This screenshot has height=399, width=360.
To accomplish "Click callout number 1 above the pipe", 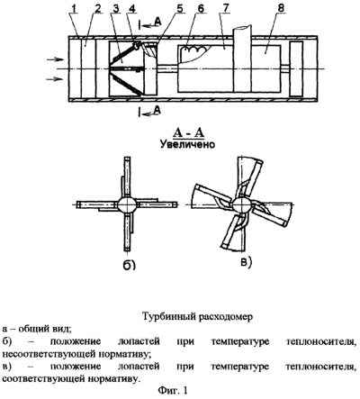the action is pos(74,9).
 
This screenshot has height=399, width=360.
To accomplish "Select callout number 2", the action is pos(97,9).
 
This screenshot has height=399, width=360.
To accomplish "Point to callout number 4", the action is pos(132,9).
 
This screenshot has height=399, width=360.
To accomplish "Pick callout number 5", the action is pos(179,9).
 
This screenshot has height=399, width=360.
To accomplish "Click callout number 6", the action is pos(201,9).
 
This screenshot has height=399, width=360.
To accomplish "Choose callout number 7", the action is pos(226,9).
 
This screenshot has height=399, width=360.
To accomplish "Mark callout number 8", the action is pos(281,9).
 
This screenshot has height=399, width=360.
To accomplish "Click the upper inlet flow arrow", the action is pos(56,59).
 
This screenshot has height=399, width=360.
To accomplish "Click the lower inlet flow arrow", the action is pos(55,79).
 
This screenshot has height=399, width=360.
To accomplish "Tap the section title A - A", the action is pos(188,132).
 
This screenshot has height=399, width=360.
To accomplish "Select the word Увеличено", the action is pos(187,144).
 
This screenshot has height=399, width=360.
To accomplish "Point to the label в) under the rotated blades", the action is pos(246,262).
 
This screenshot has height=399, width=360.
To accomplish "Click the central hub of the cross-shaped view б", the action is pos(127,204).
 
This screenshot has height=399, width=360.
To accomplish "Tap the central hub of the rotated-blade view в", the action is pos(241,204).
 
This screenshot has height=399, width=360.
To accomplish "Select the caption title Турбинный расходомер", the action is pos(197,316).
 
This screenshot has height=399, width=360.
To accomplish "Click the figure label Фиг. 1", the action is pos(173,390).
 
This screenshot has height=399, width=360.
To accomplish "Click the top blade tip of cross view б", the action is pos(127,159).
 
